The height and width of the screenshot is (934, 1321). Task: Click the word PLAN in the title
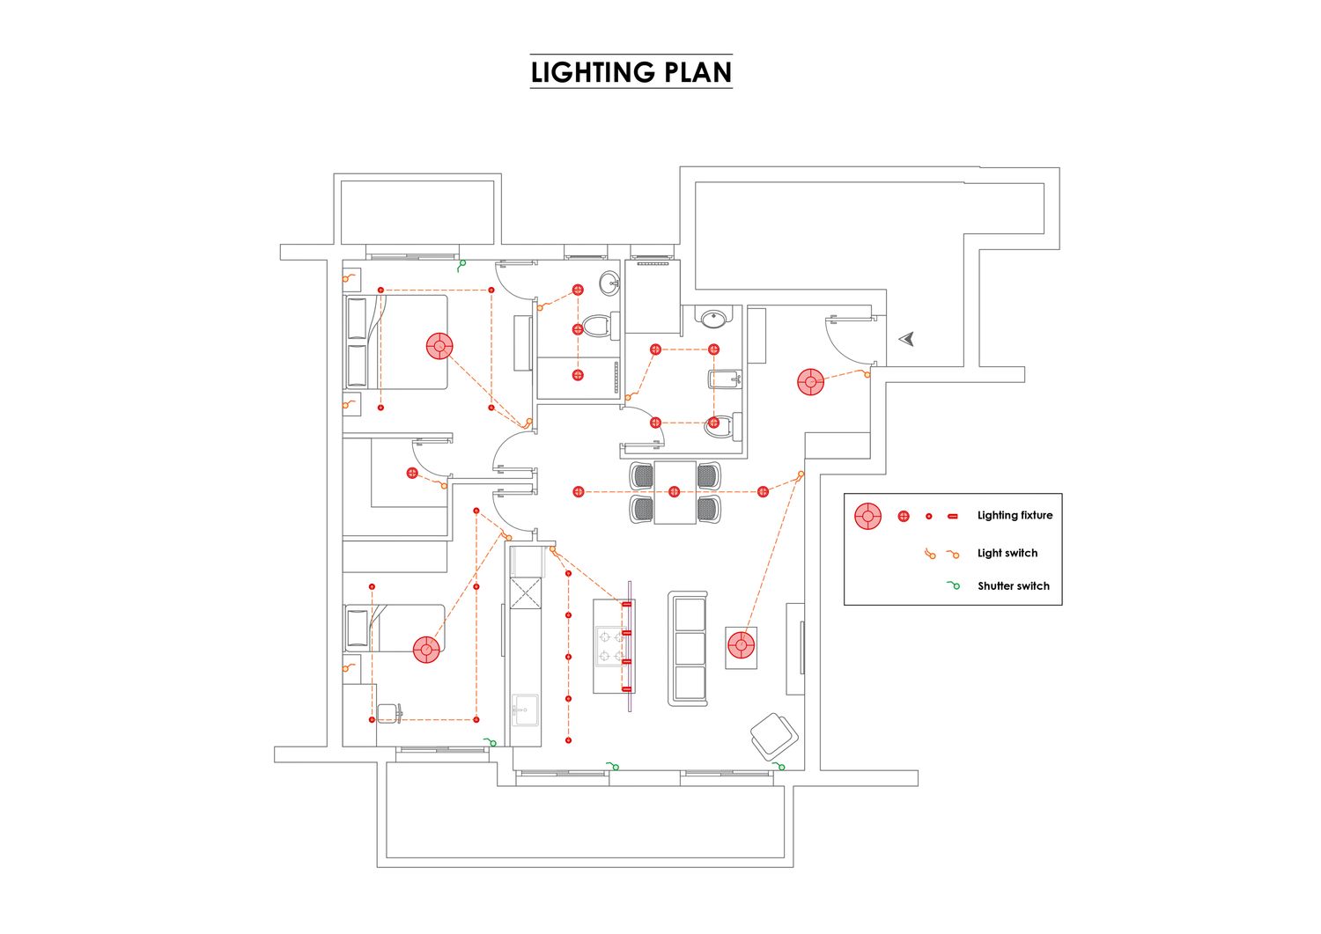click(697, 72)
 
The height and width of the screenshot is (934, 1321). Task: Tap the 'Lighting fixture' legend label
click(1015, 516)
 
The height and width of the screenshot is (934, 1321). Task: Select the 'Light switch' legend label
click(1007, 554)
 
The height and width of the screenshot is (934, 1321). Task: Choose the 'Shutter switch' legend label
click(1013, 586)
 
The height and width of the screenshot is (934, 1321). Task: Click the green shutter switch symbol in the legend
click(954, 585)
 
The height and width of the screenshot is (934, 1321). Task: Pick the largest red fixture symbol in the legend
click(867, 516)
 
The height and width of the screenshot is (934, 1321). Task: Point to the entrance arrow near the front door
click(906, 339)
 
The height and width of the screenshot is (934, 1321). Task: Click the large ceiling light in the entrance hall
click(810, 382)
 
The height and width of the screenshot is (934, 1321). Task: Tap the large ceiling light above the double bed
click(439, 346)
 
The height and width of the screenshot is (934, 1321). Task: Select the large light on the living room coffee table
click(742, 645)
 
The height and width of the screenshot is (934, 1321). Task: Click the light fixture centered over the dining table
click(675, 492)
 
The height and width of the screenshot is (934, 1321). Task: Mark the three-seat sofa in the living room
click(689, 648)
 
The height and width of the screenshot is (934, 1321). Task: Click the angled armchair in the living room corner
click(774, 736)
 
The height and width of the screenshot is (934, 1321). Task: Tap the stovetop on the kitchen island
click(609, 645)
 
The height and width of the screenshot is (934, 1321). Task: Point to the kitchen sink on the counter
click(525, 709)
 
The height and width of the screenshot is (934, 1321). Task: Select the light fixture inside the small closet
click(412, 474)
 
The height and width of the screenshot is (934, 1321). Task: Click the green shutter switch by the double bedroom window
click(461, 263)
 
